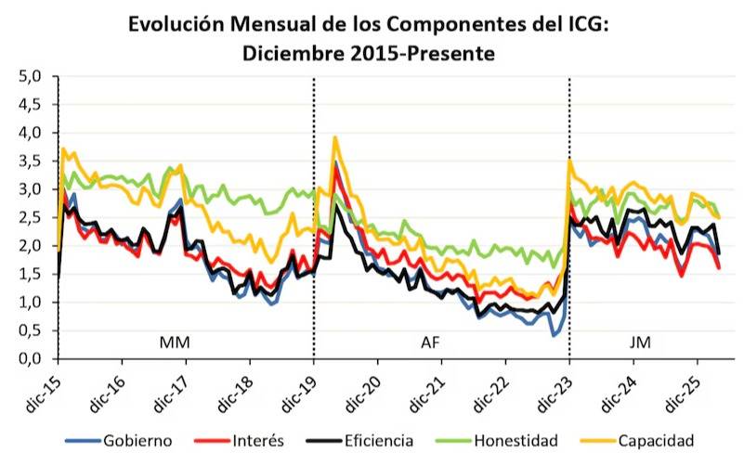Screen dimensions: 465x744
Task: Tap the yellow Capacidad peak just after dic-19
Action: coord(334,138)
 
